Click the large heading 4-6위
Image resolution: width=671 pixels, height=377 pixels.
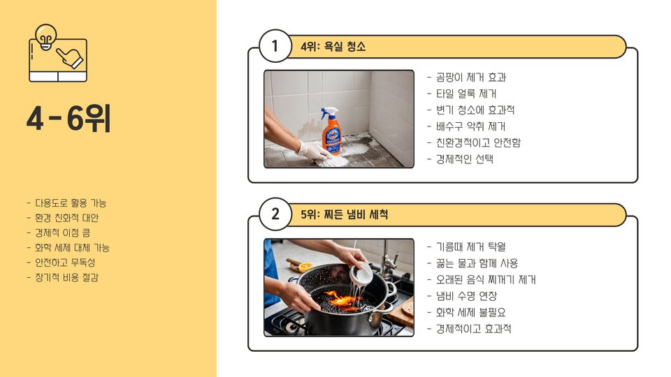coord(68,119)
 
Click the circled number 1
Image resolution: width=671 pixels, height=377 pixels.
coord(275,46)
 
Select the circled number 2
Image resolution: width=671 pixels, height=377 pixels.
coord(275,214)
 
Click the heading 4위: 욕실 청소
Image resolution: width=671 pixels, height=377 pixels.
coord(333,46)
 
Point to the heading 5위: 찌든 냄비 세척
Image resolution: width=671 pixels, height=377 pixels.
coord(344,214)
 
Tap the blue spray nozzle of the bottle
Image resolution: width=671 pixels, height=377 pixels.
coord(329,113)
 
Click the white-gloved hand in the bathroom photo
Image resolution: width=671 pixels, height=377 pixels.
coord(314,151)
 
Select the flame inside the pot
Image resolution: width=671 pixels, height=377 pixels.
coord(342,300)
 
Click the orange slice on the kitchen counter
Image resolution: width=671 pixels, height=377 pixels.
coord(305,267)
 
